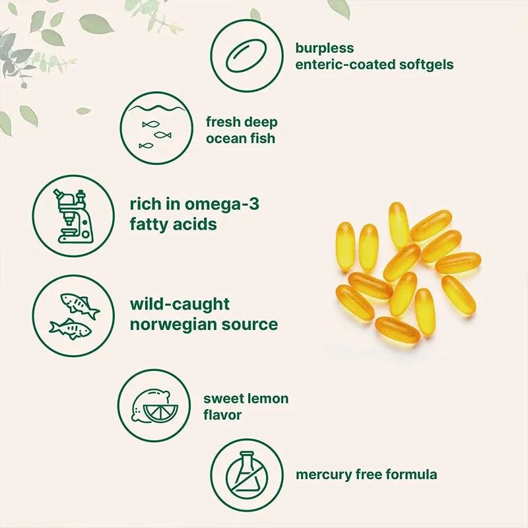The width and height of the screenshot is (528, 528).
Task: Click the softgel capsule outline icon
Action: click(x=246, y=56)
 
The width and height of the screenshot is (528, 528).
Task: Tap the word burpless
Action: click(x=325, y=48)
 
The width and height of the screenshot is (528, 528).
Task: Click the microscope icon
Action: click(x=73, y=216)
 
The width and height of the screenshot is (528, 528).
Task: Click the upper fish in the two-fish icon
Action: click(x=80, y=305)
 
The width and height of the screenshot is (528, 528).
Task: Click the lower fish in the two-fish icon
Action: click(x=71, y=329)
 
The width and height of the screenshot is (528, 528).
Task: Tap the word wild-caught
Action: click(x=180, y=305)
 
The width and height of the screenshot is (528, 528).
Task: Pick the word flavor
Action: click(x=222, y=415)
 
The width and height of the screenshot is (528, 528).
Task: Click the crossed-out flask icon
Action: click(x=247, y=475)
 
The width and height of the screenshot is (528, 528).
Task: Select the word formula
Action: click(x=411, y=475)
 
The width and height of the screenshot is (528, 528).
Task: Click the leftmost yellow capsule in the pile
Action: click(x=345, y=246)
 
